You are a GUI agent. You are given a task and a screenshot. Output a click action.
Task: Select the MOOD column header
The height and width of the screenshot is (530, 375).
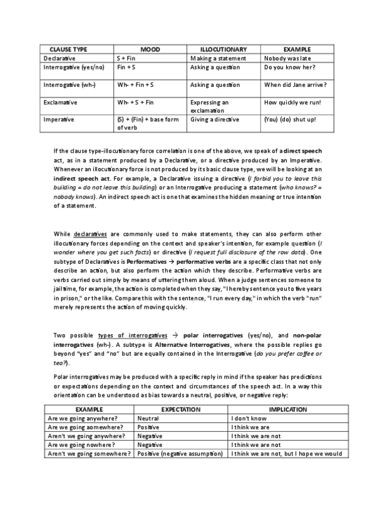(150, 49)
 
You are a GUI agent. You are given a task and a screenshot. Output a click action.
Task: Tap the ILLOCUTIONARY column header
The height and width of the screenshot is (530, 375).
(223, 49)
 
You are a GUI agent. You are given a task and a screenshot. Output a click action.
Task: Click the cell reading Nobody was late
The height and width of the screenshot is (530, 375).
(287, 57)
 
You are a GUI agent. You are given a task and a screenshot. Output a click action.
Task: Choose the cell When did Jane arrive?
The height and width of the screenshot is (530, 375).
(295, 84)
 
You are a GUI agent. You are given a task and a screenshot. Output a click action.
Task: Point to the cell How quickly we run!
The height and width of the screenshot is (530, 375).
(293, 101)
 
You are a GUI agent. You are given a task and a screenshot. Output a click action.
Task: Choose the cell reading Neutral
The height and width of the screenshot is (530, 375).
(148, 418)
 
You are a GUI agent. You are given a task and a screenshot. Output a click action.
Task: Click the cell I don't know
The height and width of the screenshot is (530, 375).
(250, 418)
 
